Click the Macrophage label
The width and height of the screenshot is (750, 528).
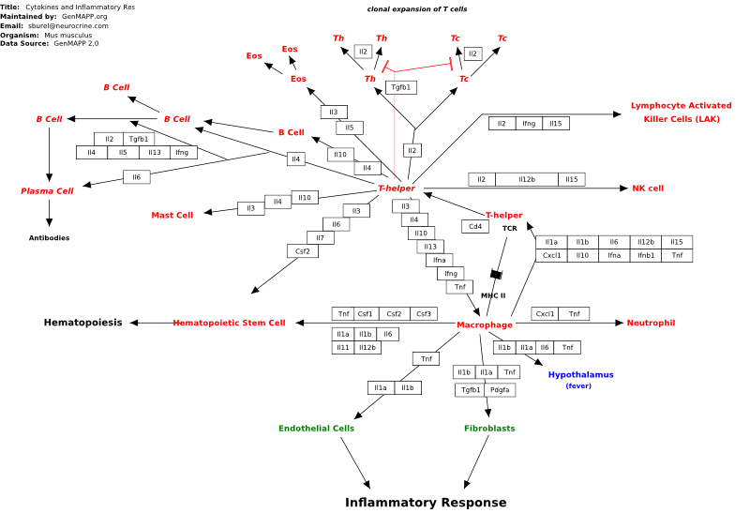(x=485, y=325)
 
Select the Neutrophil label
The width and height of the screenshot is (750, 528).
(x=651, y=324)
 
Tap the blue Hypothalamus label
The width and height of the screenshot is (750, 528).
(x=580, y=375)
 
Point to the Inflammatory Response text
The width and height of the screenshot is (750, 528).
(x=426, y=502)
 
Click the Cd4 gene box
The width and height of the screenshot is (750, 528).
(x=475, y=226)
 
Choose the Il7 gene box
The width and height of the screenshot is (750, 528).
(x=320, y=238)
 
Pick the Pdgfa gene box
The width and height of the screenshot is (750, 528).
(x=500, y=390)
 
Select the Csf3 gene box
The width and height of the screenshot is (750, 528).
(x=424, y=314)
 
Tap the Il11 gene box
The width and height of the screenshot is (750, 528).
(x=343, y=348)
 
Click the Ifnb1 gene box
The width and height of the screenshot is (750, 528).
(x=646, y=256)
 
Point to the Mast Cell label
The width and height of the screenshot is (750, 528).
(x=172, y=216)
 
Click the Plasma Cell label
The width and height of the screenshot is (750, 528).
(x=47, y=191)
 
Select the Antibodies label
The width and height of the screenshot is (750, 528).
(x=49, y=238)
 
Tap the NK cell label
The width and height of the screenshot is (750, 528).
(x=648, y=189)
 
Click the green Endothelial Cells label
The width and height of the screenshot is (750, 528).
(x=316, y=429)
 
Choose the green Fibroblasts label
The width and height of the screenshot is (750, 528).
(x=489, y=429)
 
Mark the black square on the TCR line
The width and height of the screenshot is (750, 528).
(x=497, y=274)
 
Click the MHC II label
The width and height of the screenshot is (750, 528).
(x=493, y=295)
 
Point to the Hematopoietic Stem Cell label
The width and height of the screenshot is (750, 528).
(x=229, y=324)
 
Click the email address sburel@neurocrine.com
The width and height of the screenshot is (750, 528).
(x=67, y=26)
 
